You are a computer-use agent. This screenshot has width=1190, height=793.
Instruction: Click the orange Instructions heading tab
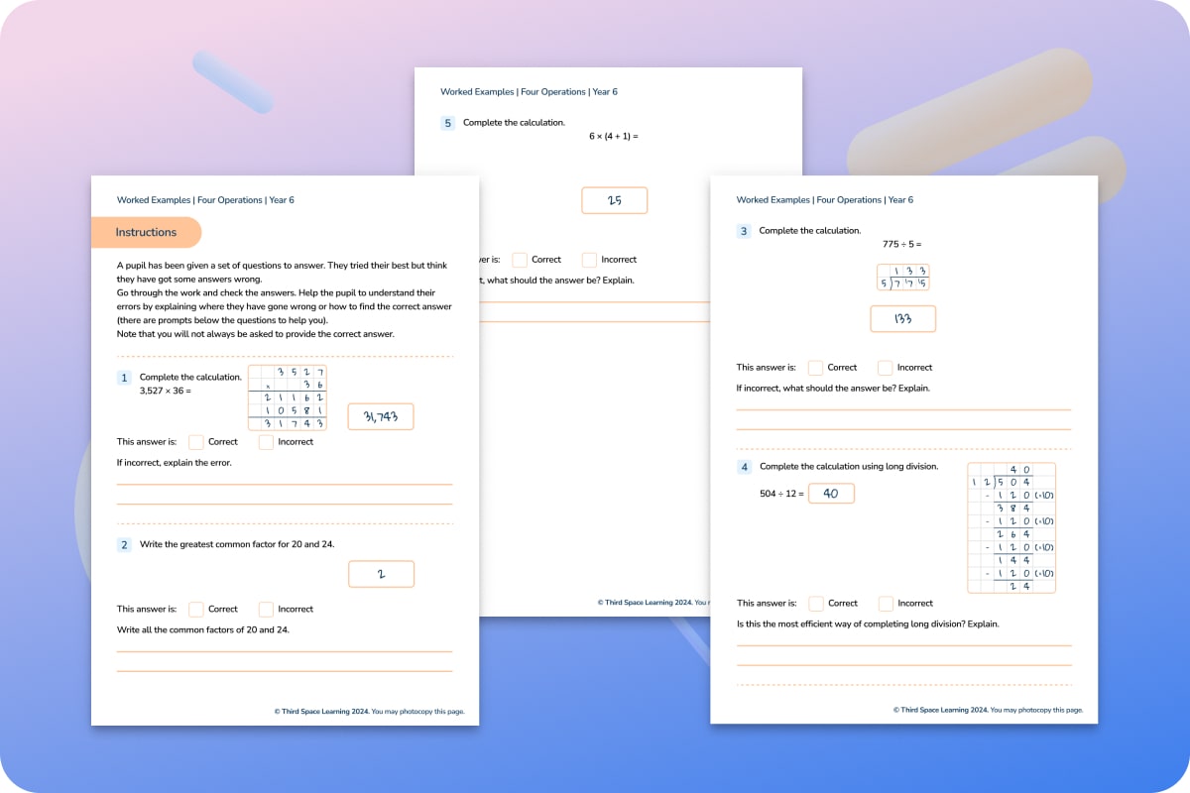coord(146,233)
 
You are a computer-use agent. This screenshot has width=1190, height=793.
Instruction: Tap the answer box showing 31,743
coord(381,417)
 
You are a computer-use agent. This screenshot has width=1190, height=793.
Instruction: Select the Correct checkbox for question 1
coord(196,442)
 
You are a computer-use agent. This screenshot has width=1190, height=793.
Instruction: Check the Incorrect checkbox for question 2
coord(266,610)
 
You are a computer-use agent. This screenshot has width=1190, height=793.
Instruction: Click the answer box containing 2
coord(381,574)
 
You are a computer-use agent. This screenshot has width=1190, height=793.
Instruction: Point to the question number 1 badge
coord(124,378)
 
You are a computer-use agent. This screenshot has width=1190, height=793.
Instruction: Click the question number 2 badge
coord(124,545)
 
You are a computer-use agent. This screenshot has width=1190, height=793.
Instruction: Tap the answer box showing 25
coord(614,200)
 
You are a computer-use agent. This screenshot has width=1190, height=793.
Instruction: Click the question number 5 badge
coord(447,123)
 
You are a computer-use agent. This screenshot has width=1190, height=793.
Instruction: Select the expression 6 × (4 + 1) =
coord(614,136)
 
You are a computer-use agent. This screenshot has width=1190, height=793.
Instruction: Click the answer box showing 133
coord(902,319)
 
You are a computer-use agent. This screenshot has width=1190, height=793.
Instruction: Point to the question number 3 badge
coord(744,231)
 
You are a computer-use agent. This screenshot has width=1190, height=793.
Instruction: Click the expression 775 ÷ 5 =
coord(901,244)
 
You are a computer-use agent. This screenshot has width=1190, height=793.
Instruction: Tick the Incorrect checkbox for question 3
coord(886,368)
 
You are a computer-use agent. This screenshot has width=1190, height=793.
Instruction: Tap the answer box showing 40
coord(831,494)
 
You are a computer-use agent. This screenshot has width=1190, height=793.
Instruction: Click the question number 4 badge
coord(744,467)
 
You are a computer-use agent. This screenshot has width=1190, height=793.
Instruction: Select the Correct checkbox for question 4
coord(816,603)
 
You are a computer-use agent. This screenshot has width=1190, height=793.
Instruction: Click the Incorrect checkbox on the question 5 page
coord(590,260)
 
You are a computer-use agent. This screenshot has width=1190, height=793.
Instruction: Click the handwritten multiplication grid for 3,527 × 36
coord(287,397)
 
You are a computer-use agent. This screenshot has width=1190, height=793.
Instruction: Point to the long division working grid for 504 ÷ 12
coord(1011,527)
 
